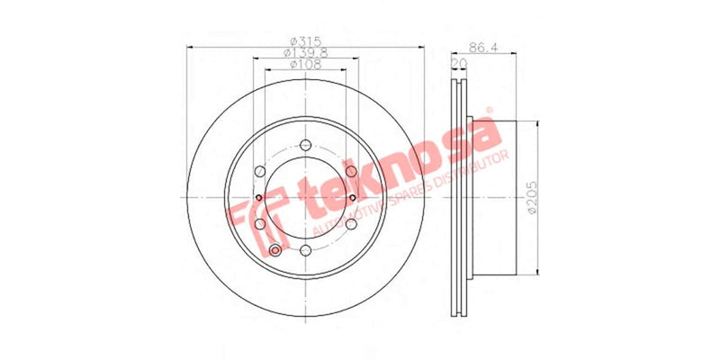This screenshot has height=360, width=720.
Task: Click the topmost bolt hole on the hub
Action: point(305,145)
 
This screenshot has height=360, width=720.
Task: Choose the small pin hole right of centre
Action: point(353,198)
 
